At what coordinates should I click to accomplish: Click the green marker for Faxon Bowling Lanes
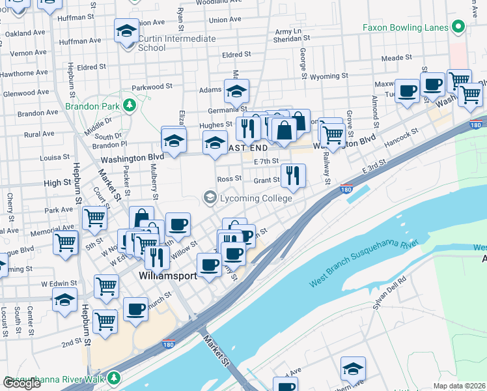pos(458,27)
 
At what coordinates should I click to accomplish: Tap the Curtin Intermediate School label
pos(176,43)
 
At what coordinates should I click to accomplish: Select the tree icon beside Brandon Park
pos(129,105)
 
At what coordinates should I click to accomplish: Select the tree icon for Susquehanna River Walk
pos(115,377)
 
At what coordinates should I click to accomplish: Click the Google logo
pos(21,383)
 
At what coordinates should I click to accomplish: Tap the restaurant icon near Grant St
pos(293,175)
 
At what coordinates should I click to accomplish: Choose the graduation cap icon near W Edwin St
pos(64,301)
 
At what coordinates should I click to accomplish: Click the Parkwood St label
pos(152,85)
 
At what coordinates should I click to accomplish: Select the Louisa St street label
pos(54,158)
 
